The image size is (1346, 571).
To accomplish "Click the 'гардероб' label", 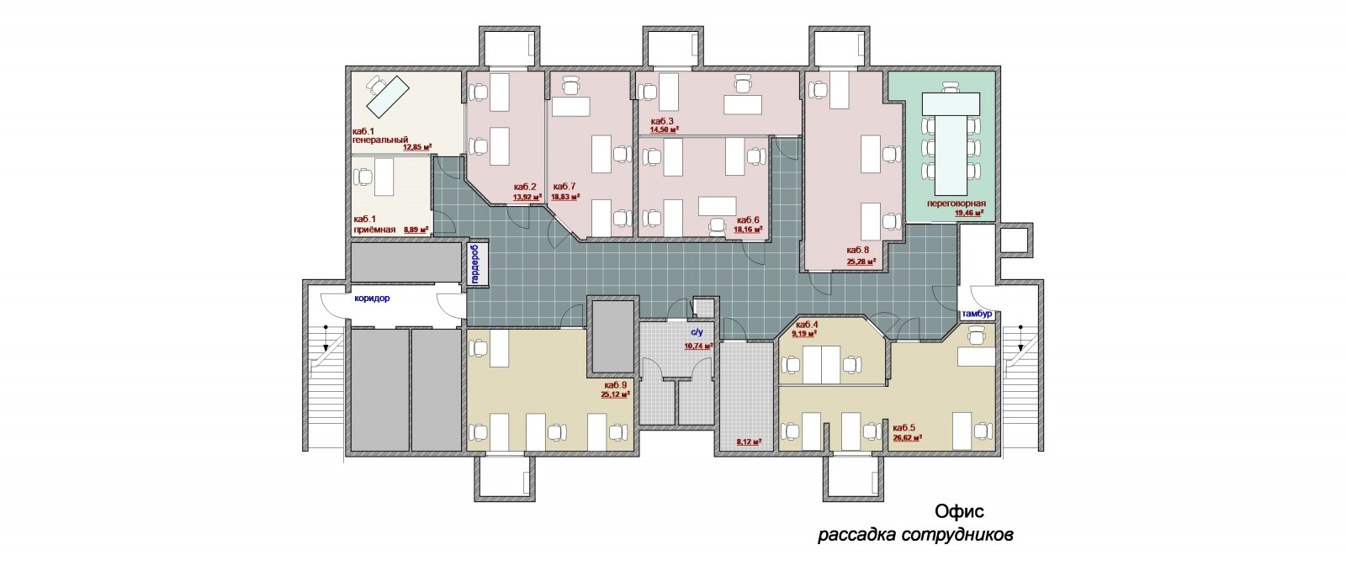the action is point(476,263).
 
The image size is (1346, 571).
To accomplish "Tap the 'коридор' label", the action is point(372,298).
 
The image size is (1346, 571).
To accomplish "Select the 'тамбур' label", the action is point(977,314).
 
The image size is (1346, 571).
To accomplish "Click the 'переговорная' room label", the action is point(956,204).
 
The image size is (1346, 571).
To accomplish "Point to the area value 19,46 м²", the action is point(969,213).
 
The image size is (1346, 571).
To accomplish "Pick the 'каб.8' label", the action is point(857,250).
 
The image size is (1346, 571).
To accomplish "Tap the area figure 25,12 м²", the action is point(615,394).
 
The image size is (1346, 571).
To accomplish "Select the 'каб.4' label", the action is point(807,325).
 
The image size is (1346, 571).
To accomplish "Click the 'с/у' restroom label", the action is point(697,332).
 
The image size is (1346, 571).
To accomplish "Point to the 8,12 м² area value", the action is point(749,442).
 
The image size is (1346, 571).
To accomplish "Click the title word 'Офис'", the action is point(959,511).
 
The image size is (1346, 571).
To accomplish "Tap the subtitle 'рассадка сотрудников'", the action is point(915,534).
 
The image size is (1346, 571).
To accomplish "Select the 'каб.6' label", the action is point(748,219).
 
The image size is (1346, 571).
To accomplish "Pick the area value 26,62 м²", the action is point(908,437).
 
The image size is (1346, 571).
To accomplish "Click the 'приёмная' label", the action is point(374,230).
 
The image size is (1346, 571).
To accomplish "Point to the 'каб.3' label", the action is point(661,121).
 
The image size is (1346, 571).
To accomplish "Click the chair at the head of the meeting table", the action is point(951,88).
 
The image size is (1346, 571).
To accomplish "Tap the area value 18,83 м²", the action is point(565,196).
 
